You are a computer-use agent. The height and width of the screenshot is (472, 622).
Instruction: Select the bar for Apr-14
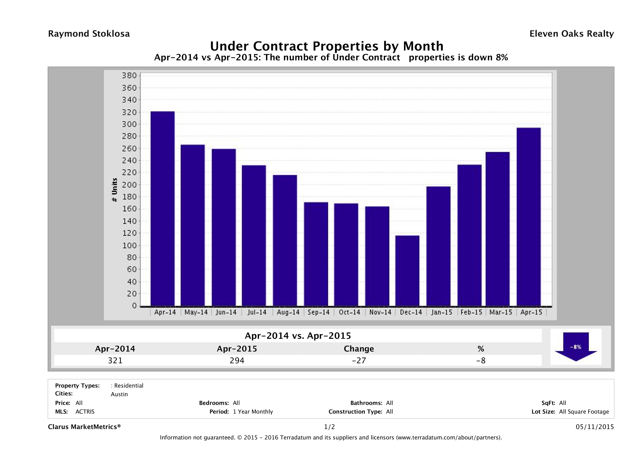(162, 208)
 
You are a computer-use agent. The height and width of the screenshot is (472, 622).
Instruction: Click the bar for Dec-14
(407, 271)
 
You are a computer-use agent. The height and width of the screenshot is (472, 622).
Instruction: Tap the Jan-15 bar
(438, 246)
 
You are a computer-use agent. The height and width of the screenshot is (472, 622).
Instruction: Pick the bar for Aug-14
(285, 240)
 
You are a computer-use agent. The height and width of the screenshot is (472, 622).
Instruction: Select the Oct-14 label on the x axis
(349, 312)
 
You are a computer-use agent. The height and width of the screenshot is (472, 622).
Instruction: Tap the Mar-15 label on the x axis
(501, 312)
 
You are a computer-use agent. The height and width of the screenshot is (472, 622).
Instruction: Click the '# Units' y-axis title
(114, 190)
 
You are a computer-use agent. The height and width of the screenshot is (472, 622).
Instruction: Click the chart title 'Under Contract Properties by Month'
(327, 46)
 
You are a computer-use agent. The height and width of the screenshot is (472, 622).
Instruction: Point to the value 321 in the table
(115, 360)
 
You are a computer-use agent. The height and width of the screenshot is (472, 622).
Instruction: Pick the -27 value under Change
(359, 360)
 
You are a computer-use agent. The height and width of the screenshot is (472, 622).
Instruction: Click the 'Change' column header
(359, 349)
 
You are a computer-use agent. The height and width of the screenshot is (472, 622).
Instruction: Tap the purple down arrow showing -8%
(576, 347)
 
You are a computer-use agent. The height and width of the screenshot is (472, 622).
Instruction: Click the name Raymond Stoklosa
(89, 34)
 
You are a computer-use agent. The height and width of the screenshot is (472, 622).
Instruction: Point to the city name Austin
(119, 394)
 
